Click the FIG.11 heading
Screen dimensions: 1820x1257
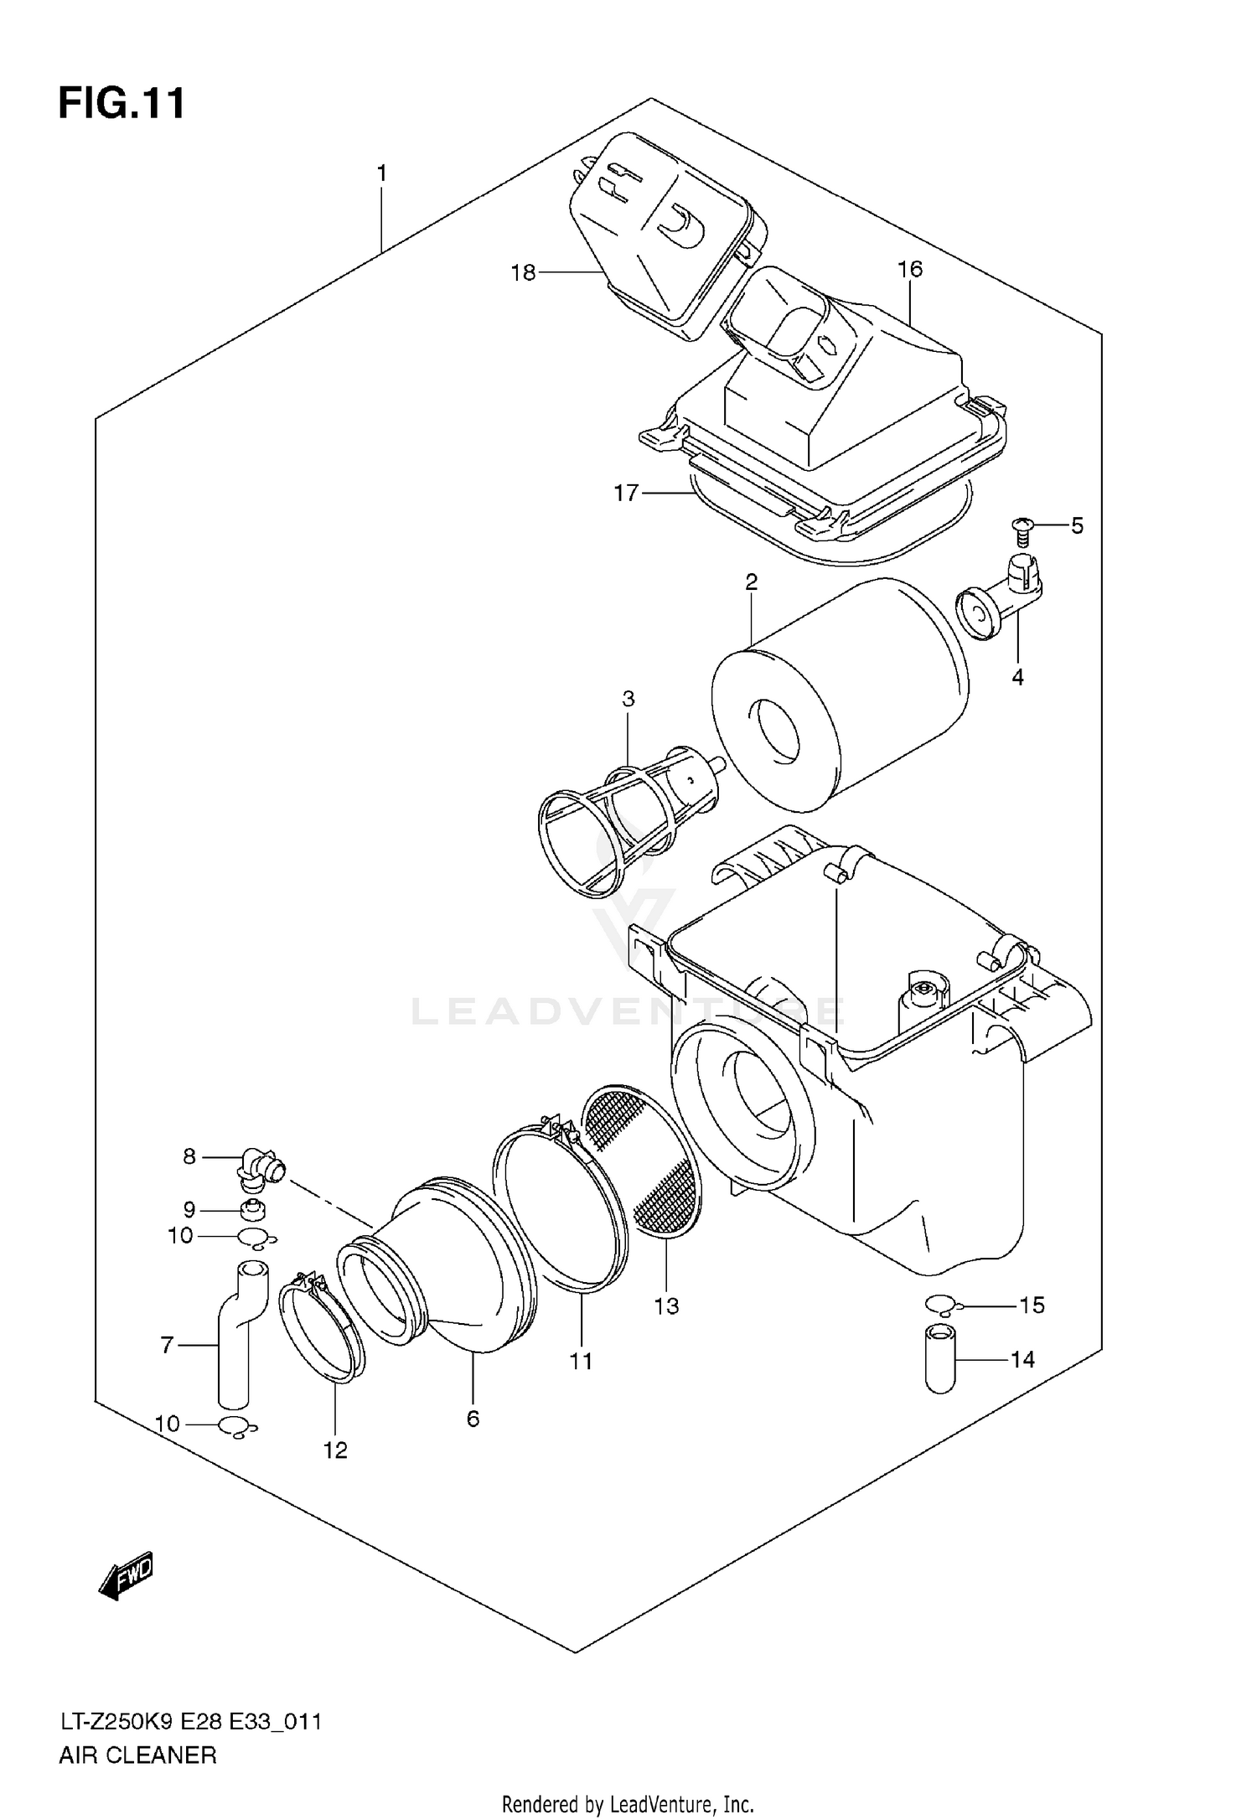pos(122,105)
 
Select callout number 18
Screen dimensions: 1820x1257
pos(523,272)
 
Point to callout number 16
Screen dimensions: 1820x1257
pos(909,269)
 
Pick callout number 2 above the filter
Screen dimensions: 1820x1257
pos(751,582)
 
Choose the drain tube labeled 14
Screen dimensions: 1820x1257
pos(940,1358)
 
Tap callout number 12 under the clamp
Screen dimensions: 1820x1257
pos(335,1450)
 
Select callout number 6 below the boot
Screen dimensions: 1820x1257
pos(473,1419)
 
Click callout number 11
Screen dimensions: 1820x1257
pos(581,1362)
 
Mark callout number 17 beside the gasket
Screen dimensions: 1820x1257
pos(626,493)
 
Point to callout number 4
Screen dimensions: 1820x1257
pos(1017,677)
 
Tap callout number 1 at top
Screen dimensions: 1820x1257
pos(381,173)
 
